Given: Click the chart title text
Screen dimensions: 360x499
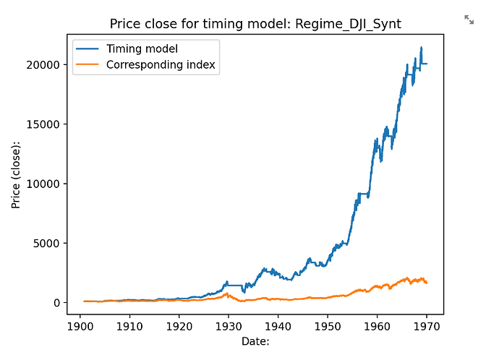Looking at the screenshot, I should point(255,25).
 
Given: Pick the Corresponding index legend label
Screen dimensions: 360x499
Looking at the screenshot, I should point(161,65).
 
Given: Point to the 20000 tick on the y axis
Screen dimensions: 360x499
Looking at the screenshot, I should point(45,65).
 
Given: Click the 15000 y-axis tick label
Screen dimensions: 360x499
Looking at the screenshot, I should point(45,124).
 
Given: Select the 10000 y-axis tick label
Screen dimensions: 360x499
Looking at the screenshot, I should point(45,184).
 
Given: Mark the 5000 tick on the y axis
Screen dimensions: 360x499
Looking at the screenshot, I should point(48,243).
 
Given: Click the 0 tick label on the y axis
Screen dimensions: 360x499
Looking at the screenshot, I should point(56,303).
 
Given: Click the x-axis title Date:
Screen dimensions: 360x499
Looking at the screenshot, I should point(254,340).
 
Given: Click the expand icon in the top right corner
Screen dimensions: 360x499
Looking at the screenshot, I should point(469,20).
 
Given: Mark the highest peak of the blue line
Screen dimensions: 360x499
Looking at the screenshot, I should point(422,48).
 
